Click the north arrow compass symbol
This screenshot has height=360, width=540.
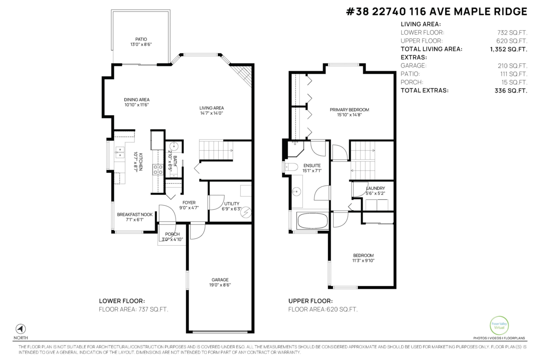[x=21, y=329]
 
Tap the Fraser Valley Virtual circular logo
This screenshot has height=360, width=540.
[x=499, y=325]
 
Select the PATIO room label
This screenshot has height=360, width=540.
[x=141, y=39]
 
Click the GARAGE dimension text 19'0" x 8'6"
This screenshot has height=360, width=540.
[x=220, y=285]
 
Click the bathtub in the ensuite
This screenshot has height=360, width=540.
[x=313, y=220]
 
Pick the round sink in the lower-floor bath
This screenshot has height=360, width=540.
[x=174, y=146]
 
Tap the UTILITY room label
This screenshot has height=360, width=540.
[x=232, y=204]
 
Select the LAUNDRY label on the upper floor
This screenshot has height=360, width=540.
[x=375, y=188]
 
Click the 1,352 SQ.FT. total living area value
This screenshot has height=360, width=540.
[x=508, y=49]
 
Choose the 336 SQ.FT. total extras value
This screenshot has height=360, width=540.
[x=511, y=90]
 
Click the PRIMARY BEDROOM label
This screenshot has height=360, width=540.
[x=349, y=110]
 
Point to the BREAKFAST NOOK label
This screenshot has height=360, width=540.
[x=135, y=215]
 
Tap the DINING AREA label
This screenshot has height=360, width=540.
[x=137, y=99]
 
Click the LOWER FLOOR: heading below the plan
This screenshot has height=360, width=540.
[x=122, y=301]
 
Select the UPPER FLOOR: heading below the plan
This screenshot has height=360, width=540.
[x=310, y=301]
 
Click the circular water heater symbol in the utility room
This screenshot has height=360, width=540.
[x=246, y=212]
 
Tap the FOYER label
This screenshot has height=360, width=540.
[x=189, y=203]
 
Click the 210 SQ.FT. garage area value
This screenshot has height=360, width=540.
[x=513, y=66]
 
